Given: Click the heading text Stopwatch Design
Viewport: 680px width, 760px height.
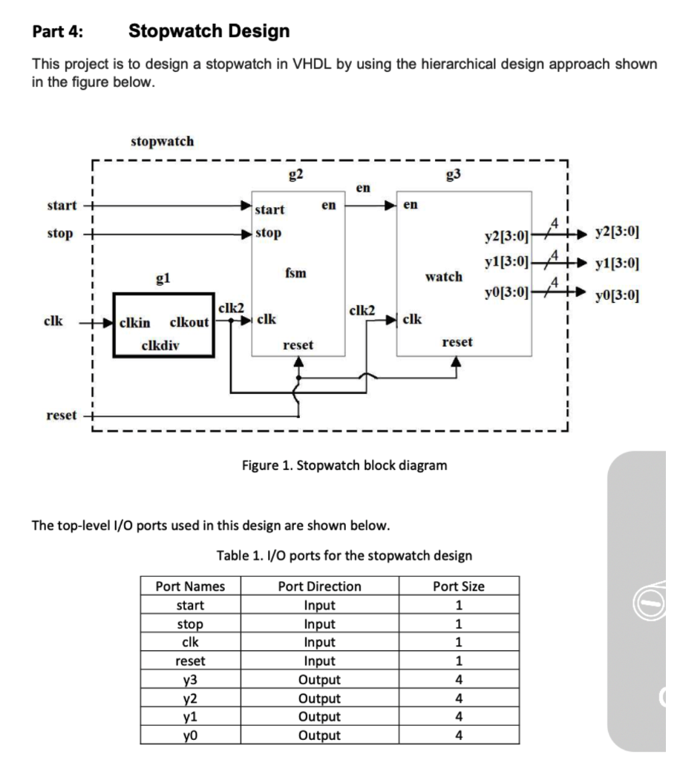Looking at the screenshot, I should coord(209,32).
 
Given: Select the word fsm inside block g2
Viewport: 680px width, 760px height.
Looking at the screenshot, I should coord(293,274).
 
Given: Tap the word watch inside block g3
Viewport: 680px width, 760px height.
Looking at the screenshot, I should coord(443,276).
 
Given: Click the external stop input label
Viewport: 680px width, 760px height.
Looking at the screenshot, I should coord(60,234).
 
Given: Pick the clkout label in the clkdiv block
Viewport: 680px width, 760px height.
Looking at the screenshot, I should coord(189,322).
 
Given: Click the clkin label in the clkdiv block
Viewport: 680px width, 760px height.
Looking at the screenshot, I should coord(134,322).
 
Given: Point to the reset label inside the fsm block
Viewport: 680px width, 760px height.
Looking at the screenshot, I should coord(298,345).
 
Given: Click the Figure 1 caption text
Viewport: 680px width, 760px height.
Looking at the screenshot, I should coord(344,466).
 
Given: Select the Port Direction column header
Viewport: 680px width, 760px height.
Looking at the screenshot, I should coord(319,586).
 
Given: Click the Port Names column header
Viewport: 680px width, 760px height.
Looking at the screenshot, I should coord(190,586).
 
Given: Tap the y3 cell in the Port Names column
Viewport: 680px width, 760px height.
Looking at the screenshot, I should coord(190,680).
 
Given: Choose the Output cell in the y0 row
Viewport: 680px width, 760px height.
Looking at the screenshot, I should coord(319,736).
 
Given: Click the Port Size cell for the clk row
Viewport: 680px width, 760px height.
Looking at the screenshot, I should coord(459,643).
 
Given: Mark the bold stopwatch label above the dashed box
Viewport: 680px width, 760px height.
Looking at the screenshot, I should coord(162,141).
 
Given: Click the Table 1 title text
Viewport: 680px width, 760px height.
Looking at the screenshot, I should coord(344,556).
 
